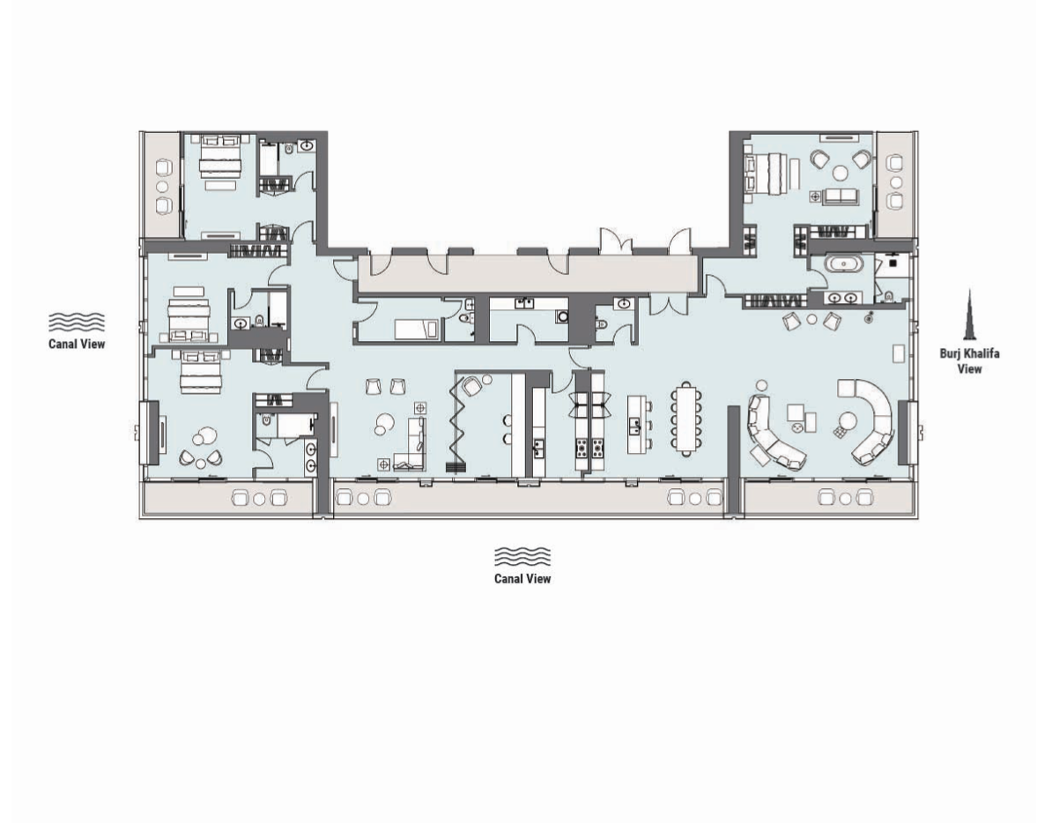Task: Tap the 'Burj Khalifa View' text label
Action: [969, 361]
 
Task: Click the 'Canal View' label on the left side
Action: [76, 344]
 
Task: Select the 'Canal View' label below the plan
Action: [522, 579]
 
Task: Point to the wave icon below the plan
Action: [522, 557]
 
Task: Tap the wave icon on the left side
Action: [76, 323]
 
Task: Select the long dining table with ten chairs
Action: [686, 417]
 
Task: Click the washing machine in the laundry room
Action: [561, 316]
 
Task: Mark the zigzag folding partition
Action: [459, 423]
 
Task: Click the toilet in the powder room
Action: [602, 324]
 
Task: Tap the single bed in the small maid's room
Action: [413, 329]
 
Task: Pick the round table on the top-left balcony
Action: [163, 186]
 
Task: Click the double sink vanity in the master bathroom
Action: [840, 298]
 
